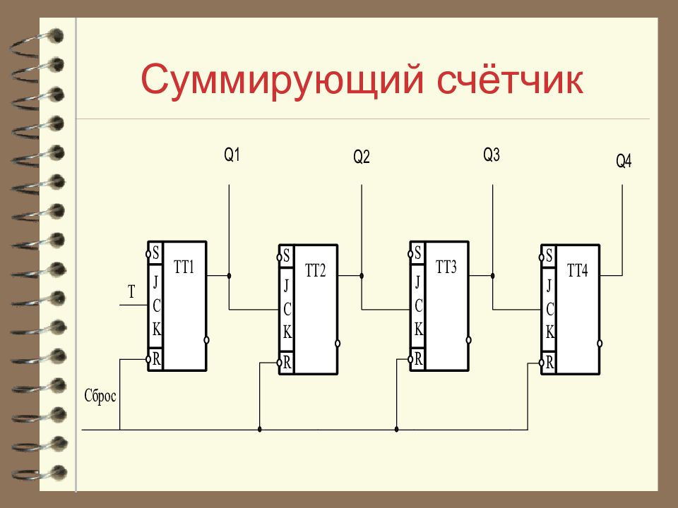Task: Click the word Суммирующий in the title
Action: point(282,80)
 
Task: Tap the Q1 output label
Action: point(232,155)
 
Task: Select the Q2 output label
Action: point(362,157)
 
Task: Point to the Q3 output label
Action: point(492,155)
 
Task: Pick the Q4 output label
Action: point(624,161)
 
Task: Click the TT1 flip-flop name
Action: point(184,267)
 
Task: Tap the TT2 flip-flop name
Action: point(315,270)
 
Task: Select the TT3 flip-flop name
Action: point(446,267)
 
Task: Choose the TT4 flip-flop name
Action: point(577,270)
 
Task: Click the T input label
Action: point(131,292)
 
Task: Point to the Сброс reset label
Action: point(100,396)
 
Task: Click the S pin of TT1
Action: point(155,253)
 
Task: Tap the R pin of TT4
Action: point(549,362)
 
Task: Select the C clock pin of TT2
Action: point(287,309)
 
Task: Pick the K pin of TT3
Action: point(418,329)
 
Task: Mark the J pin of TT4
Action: point(549,286)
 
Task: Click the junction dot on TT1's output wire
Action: point(229,276)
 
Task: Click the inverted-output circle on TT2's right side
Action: point(338,344)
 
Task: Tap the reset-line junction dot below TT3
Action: point(396,430)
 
